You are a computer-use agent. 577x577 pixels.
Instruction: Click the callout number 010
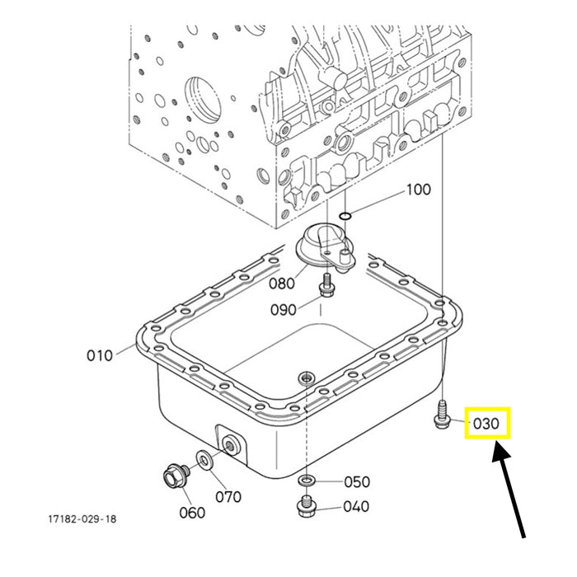(100, 356)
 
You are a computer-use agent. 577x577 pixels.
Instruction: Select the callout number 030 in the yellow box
(486, 424)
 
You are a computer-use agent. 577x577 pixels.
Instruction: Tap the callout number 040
(356, 506)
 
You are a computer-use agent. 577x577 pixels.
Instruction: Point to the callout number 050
(357, 481)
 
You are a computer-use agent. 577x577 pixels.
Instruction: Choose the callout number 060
(192, 512)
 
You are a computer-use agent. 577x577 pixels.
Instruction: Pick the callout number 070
(228, 497)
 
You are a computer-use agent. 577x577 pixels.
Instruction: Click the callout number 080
(282, 284)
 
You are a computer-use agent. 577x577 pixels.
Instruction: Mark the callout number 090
(284, 310)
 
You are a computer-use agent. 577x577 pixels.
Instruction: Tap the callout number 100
(419, 190)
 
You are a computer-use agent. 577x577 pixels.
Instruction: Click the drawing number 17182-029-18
(82, 518)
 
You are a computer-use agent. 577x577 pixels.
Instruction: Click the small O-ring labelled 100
(345, 216)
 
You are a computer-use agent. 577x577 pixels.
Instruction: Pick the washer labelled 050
(306, 480)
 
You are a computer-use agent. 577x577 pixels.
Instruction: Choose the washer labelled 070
(204, 460)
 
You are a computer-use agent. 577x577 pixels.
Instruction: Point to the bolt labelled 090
(326, 285)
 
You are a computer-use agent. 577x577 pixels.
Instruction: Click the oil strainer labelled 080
(326, 249)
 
